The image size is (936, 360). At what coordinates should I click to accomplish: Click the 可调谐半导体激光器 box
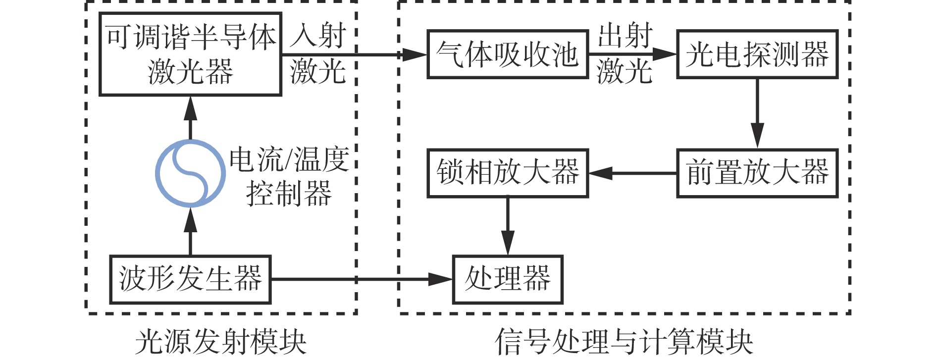pyautogui.click(x=190, y=54)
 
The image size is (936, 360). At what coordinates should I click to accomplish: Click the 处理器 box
pyautogui.click(x=508, y=279)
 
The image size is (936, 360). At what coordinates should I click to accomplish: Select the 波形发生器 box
pyautogui.click(x=190, y=279)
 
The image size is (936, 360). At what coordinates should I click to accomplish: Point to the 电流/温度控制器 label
pyautogui.click(x=289, y=176)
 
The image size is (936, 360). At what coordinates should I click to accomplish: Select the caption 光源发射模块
pyautogui.click(x=221, y=342)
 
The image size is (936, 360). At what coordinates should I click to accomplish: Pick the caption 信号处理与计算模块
pyautogui.click(x=624, y=342)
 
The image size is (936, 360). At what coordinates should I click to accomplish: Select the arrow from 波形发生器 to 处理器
pyautogui.click(x=362, y=279)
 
